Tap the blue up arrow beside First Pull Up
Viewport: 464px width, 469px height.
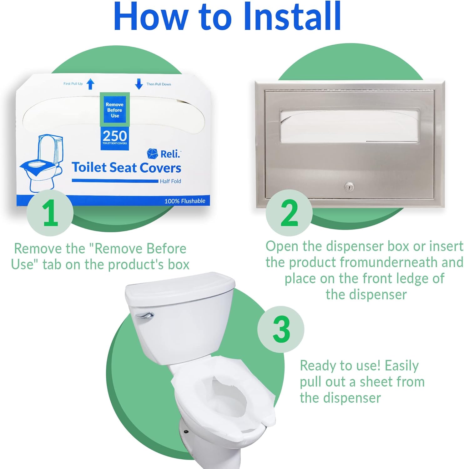[x=90, y=84]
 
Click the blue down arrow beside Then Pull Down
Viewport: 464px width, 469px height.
[x=139, y=84]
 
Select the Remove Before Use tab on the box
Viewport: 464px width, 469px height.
[x=115, y=109]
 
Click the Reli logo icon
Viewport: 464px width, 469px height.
[x=152, y=154]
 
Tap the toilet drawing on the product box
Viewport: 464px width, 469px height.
[x=41, y=163]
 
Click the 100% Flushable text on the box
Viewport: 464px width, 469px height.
[x=185, y=201]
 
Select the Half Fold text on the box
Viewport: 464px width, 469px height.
[x=170, y=181]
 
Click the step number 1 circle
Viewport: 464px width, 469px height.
[x=50, y=213]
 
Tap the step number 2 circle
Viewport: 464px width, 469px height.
[x=289, y=213]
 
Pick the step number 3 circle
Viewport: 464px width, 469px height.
[x=281, y=329]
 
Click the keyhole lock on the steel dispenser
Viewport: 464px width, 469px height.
[x=349, y=187]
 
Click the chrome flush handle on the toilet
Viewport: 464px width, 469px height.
[x=144, y=315]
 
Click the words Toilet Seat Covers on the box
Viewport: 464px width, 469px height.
[x=126, y=168]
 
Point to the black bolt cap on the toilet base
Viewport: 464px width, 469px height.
[x=186, y=431]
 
